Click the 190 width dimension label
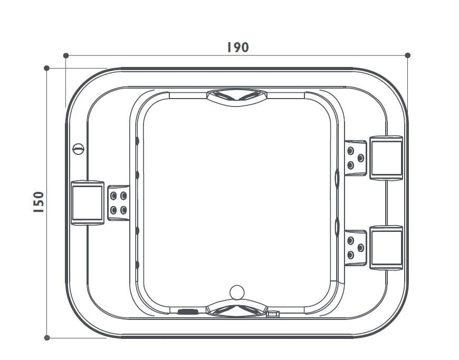pyautogui.click(x=237, y=47)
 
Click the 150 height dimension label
pyautogui.click(x=38, y=202)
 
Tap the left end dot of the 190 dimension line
pyautogui.click(x=66, y=55)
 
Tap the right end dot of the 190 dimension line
pyautogui.click(x=407, y=55)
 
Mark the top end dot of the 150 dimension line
pyautogui.click(x=47, y=68)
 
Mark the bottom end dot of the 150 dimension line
pyautogui.click(x=47, y=337)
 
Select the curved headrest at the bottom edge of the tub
pyautogui.click(x=236, y=308)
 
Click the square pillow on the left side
pyautogui.click(x=87, y=203)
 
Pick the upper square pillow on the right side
pyautogui.click(x=386, y=158)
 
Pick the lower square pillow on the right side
pyautogui.click(x=386, y=248)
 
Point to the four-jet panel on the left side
pyautogui.click(x=118, y=203)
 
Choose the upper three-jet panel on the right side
pyautogui.click(x=355, y=158)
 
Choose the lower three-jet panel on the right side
pyautogui.click(x=355, y=248)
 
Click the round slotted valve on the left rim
pyautogui.click(x=78, y=149)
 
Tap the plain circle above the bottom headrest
pyautogui.click(x=237, y=291)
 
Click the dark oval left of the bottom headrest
pyautogui.click(x=187, y=312)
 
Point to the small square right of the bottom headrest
pyautogui.click(x=273, y=314)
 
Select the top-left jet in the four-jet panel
pyautogui.click(x=113, y=196)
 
